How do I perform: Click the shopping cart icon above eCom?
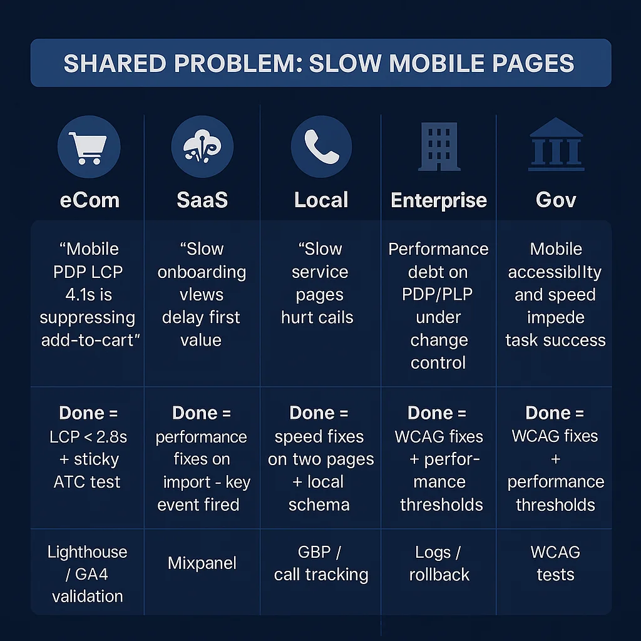(88, 147)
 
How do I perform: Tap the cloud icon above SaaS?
(202, 147)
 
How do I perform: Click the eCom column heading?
(90, 200)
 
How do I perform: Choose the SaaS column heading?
(202, 200)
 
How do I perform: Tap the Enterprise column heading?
(438, 200)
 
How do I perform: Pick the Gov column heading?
(556, 200)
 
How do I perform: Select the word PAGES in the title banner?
(533, 63)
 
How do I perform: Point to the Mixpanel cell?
(202, 563)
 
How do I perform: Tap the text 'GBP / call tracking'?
(320, 563)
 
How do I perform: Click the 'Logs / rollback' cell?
(439, 563)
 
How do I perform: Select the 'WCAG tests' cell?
(556, 563)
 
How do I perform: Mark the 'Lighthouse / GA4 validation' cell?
(88, 574)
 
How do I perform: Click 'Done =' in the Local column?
(319, 414)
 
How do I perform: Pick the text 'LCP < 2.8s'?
(88, 437)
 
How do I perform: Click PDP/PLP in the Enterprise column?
(438, 295)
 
